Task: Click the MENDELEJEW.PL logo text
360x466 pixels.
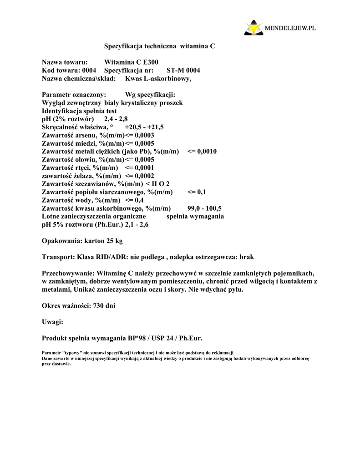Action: (290, 28)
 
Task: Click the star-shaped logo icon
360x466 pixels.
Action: (253, 28)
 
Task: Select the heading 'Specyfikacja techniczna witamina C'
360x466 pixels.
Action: (159, 46)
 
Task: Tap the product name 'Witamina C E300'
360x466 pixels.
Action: (132, 62)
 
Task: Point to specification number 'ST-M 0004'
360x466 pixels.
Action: (183, 71)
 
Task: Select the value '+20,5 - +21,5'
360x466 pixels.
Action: (144, 127)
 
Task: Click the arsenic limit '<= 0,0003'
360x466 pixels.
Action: (139, 135)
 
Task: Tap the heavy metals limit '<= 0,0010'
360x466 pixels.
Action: (202, 152)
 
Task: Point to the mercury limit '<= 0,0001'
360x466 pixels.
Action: (136, 168)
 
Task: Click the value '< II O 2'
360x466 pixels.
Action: (157, 184)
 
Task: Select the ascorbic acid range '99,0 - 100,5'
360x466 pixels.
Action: (204, 209)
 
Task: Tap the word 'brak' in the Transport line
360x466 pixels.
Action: (246, 257)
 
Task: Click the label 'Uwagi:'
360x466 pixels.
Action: (52, 322)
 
